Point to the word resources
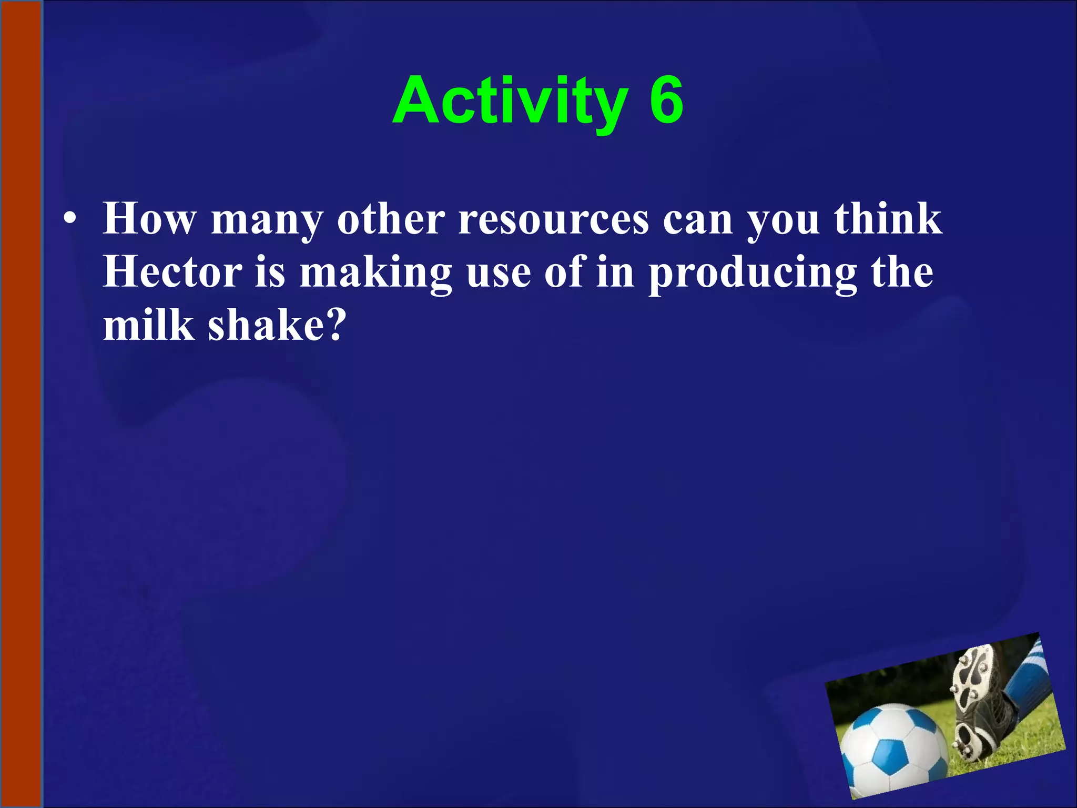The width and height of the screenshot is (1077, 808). [x=554, y=220]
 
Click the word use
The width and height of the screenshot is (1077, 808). [x=499, y=274]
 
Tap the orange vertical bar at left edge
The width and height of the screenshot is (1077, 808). [x=21, y=404]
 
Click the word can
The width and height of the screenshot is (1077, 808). [x=697, y=220]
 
